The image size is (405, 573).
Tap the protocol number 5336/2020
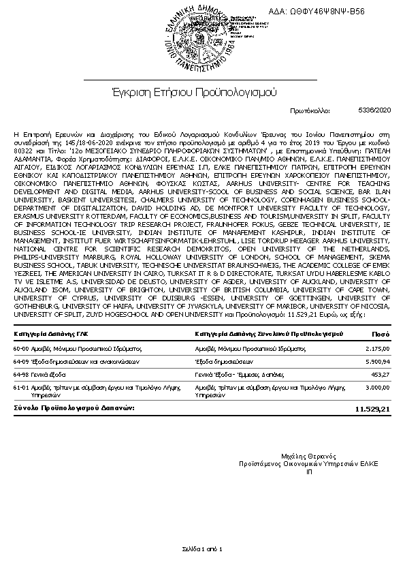[x=375, y=109]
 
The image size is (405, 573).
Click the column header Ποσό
[x=380, y=334]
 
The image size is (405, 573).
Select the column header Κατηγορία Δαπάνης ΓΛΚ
[x=51, y=334]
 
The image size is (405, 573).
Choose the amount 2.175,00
[x=376, y=348]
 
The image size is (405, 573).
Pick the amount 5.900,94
[x=376, y=361]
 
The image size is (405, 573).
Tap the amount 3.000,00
[x=376, y=387]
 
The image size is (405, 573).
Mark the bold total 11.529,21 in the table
[x=372, y=409]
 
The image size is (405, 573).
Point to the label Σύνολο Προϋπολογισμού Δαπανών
[x=74, y=408]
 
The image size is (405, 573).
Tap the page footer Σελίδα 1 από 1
[x=202, y=548]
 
